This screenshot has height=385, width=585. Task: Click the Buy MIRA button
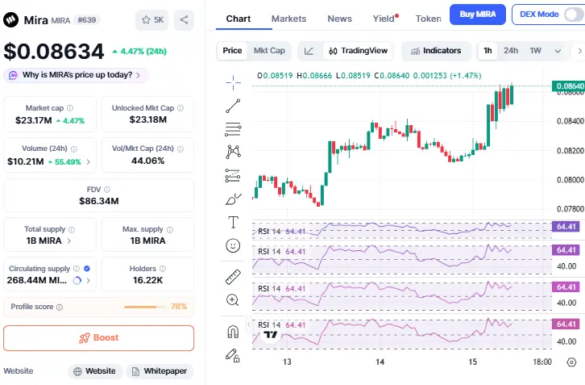(x=477, y=15)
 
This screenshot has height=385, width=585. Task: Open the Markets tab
(x=288, y=19)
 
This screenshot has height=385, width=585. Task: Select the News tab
(x=339, y=19)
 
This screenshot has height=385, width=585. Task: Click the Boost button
(x=98, y=338)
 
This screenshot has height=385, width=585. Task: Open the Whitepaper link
(x=160, y=371)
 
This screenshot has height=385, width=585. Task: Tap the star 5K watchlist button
(x=151, y=20)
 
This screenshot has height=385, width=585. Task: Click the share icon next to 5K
(x=183, y=20)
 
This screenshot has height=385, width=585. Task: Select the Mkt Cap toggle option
(x=269, y=51)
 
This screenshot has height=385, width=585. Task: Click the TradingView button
(x=357, y=51)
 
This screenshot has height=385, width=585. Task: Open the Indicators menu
(x=435, y=51)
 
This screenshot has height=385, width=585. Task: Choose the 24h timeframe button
(x=511, y=51)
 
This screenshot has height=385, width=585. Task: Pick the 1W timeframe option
(x=535, y=51)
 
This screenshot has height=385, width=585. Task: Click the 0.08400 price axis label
(x=569, y=121)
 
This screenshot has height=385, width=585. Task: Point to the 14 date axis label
(x=380, y=362)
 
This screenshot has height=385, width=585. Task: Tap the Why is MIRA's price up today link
(x=76, y=75)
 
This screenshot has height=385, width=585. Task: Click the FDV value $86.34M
(x=98, y=201)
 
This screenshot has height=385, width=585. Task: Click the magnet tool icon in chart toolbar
(x=233, y=330)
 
